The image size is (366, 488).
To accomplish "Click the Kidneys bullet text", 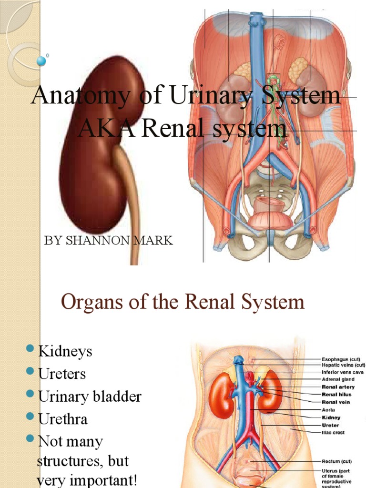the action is click(65, 352).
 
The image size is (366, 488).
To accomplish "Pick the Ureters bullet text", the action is click(62, 374).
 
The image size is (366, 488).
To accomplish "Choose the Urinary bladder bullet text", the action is click(90, 396).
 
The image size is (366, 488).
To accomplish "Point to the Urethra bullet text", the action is click(63, 419).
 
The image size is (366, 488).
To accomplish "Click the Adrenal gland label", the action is click(338, 379).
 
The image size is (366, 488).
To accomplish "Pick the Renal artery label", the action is click(338, 387).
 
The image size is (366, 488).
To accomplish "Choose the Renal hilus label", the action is click(337, 395).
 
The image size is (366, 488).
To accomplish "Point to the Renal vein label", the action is click(335, 402).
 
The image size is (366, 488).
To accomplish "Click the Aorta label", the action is click(329, 409).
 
